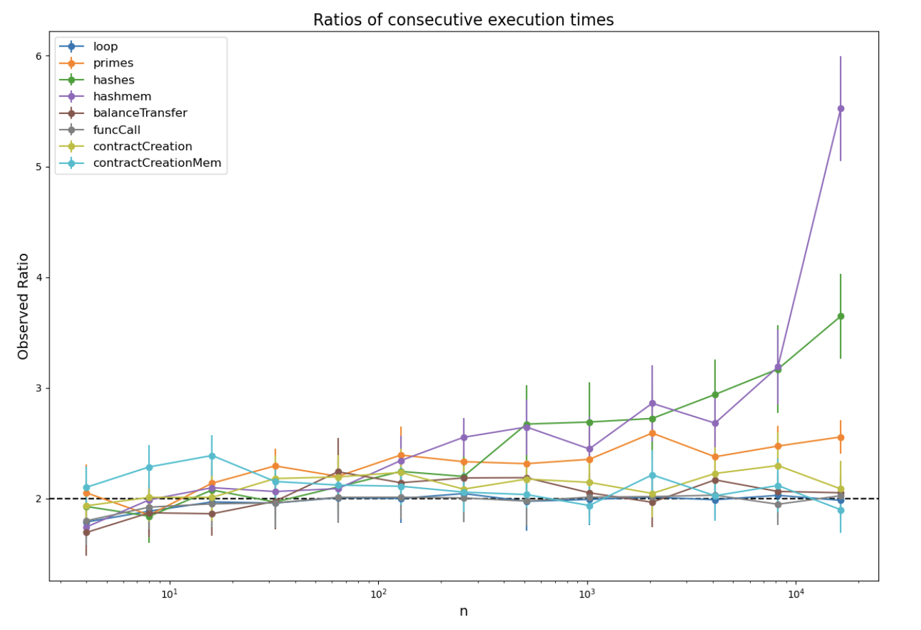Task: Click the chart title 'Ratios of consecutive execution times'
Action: (463, 20)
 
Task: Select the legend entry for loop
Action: (106, 47)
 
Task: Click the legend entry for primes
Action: (113, 63)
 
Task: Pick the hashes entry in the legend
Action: (114, 80)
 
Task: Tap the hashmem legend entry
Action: (122, 97)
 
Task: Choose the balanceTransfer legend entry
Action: (140, 113)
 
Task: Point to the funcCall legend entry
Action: (117, 130)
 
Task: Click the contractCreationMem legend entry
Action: (157, 163)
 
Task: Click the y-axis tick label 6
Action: (38, 56)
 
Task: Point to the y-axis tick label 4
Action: (38, 277)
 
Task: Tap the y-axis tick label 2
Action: (38, 499)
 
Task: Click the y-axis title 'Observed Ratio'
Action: (23, 306)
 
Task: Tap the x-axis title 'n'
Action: (463, 611)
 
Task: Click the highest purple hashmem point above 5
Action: (841, 108)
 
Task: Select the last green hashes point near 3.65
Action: (841, 316)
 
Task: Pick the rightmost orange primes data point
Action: (841, 437)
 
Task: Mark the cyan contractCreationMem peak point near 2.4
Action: (211, 456)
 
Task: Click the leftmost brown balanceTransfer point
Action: (86, 533)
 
